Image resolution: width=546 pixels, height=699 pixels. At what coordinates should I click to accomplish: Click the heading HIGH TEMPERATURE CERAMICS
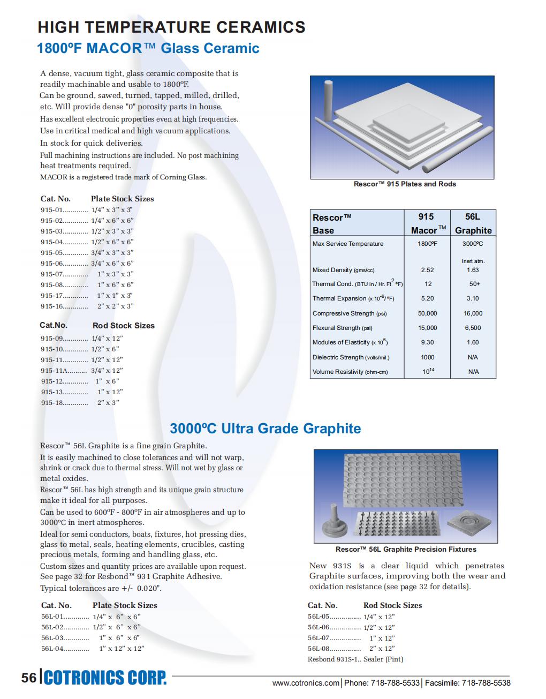click(171, 27)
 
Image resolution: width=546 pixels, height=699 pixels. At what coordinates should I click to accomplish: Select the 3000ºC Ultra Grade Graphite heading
click(265, 429)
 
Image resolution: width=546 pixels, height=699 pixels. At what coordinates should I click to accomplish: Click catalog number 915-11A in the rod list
click(54, 371)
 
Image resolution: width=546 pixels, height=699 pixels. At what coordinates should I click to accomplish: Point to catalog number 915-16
click(52, 306)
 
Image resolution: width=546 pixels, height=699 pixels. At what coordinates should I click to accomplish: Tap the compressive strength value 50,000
click(427, 313)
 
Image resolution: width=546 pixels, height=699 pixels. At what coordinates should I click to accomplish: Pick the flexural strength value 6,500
click(473, 328)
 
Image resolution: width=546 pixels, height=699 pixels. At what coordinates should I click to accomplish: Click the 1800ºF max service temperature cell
click(427, 244)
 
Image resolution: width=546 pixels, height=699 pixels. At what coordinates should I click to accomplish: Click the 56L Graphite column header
click(473, 223)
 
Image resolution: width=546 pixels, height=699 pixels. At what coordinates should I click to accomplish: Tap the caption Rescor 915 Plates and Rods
click(405, 184)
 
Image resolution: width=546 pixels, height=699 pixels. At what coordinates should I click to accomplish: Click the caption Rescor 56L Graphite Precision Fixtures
click(406, 549)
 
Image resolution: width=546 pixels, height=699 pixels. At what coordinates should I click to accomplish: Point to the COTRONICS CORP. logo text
click(105, 678)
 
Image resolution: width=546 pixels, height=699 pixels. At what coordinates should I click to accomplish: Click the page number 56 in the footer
click(29, 678)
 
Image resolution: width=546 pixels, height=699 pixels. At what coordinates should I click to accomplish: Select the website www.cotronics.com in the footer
click(306, 683)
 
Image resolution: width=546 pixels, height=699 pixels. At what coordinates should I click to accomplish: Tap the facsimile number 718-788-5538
click(486, 683)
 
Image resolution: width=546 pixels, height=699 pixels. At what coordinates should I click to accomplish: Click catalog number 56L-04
click(52, 649)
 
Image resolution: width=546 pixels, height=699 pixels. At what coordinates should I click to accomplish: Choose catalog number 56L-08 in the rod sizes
click(319, 649)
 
